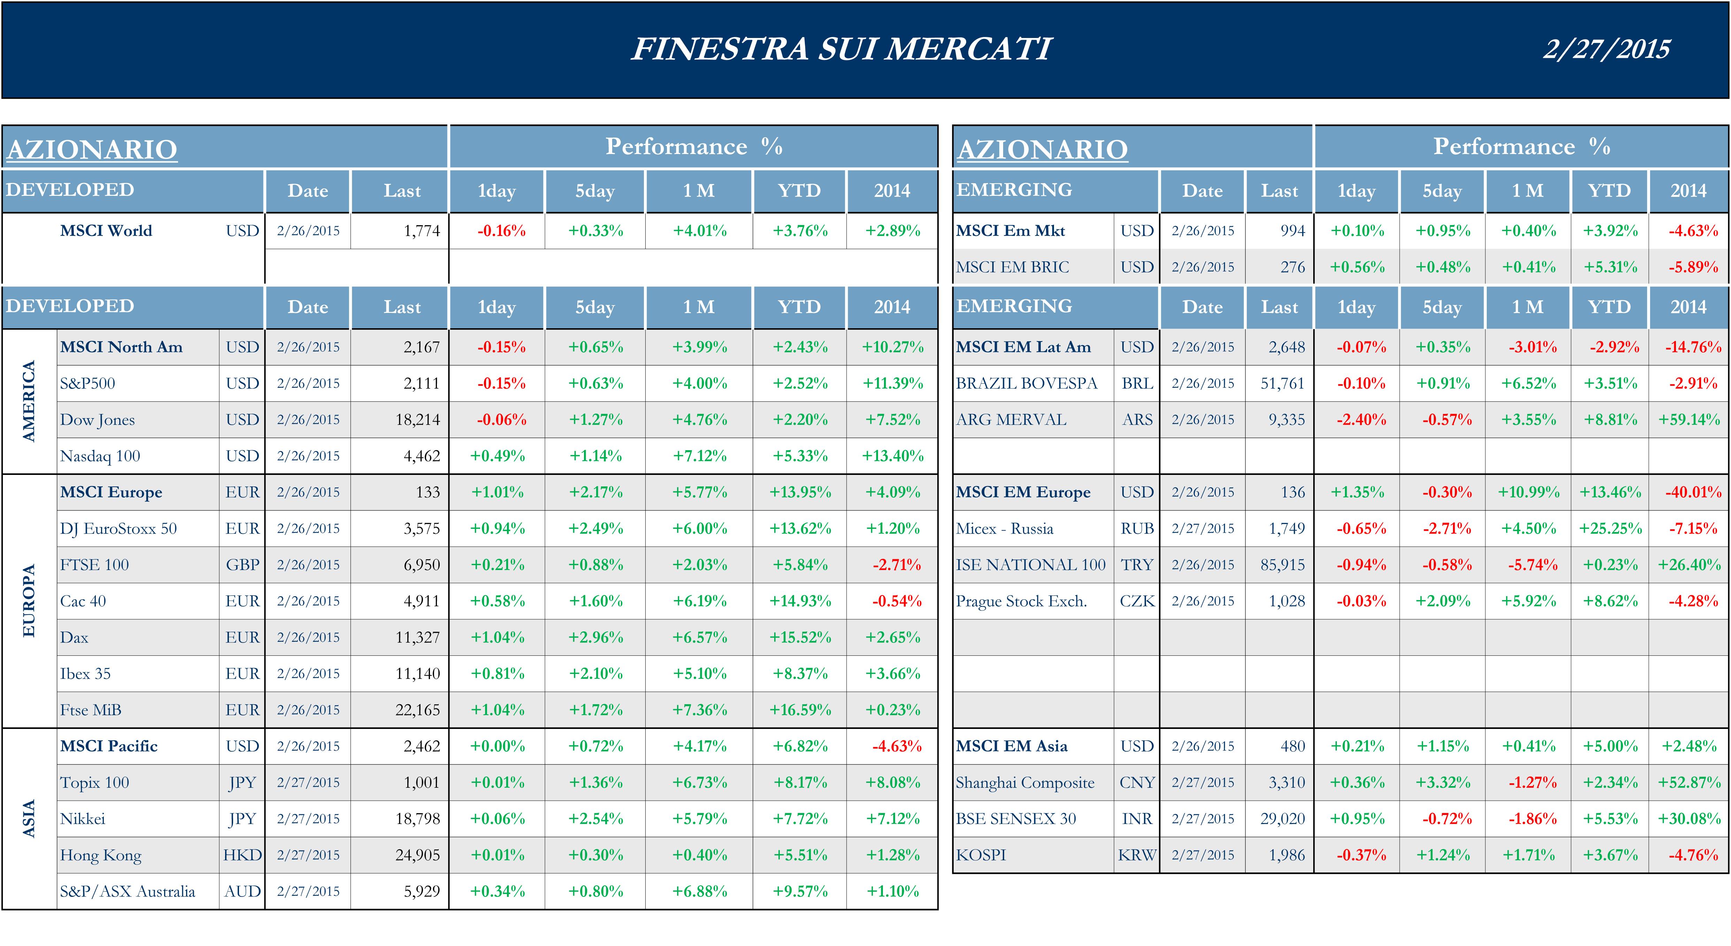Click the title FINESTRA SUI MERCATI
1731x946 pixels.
pos(841,49)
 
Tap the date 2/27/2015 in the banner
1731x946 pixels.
pos(1606,49)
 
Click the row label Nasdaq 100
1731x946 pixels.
pos(100,456)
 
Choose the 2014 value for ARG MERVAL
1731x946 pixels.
pos(1688,420)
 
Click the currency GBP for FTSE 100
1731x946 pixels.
pos(242,565)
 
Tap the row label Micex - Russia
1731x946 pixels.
pos(1005,529)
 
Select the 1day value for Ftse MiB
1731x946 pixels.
pos(497,710)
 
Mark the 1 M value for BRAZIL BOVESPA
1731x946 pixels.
pos(1529,384)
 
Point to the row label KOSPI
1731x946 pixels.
pos(981,855)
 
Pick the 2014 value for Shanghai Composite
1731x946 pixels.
pos(1688,783)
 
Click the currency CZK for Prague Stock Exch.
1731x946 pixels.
pos(1137,601)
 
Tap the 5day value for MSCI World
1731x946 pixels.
pos(595,231)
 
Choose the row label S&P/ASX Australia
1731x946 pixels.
pos(128,892)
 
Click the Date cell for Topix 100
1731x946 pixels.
pos(308,783)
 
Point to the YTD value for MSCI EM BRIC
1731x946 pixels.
pos(1610,267)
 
